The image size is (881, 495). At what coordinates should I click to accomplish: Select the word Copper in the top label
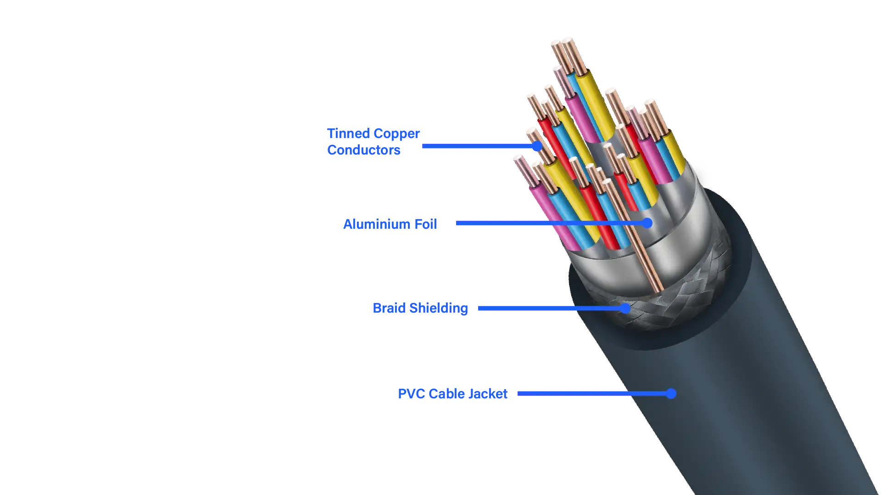pos(396,133)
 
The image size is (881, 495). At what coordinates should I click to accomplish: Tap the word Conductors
pos(363,150)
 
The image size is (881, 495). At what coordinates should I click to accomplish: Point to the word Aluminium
pos(377,224)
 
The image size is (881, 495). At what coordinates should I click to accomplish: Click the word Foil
pos(425,224)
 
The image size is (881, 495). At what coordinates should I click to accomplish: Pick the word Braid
pos(390,308)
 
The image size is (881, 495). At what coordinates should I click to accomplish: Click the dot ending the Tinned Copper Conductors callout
pos(537,146)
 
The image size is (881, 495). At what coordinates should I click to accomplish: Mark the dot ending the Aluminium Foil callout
pos(647,223)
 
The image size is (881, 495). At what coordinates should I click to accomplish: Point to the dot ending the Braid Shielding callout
pos(625,308)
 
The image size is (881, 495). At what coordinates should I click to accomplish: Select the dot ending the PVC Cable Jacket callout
pos(671,393)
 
